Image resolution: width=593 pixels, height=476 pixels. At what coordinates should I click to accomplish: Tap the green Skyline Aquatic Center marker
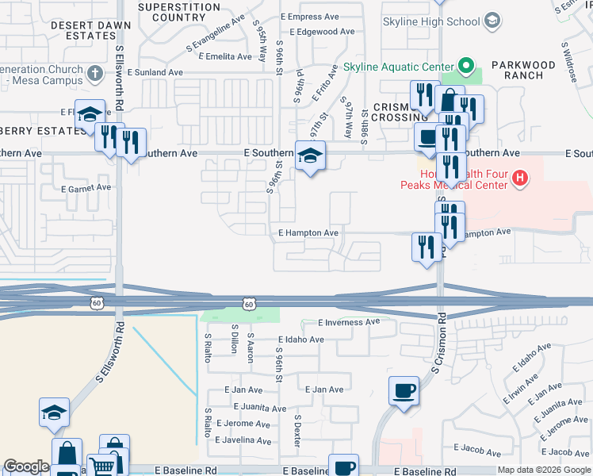coord(467,66)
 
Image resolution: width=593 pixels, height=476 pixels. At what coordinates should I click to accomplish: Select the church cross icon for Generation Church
coord(95,75)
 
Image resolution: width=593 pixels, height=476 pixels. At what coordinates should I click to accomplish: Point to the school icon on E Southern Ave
coord(310,155)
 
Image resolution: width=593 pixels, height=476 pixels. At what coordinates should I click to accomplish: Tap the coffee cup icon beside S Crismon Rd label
coord(404,391)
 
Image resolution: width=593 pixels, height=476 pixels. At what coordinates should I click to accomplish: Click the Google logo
coord(26,466)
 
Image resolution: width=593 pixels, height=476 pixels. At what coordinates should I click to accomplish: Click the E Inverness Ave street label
coord(349,323)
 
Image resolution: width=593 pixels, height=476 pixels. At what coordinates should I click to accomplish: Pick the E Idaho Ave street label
coord(301,340)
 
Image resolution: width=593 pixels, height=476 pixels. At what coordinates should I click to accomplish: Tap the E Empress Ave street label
coord(316,17)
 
